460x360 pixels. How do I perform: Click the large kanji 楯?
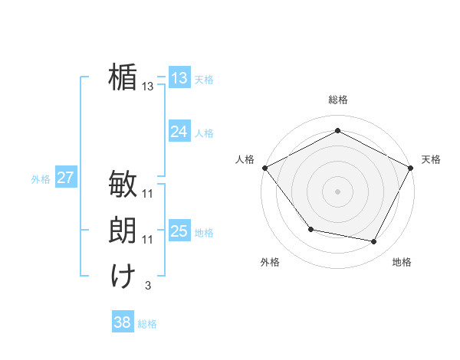[123, 77]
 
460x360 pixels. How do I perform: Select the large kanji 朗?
[123, 230]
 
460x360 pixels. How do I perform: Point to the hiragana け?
[123, 276]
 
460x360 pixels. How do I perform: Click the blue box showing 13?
[179, 78]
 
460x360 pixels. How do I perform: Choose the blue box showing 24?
[179, 132]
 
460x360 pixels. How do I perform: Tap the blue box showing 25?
[179, 231]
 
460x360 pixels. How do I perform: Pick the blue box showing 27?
[65, 178]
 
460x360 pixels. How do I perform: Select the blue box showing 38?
[122, 322]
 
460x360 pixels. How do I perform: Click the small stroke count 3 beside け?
[149, 286]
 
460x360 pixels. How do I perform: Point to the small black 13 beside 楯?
[148, 87]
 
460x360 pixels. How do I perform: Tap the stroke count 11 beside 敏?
[148, 194]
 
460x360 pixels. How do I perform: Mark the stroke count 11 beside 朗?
[148, 240]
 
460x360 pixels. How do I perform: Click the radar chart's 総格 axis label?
[338, 100]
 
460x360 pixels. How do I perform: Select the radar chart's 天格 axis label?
[431, 159]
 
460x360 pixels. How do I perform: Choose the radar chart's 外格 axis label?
[270, 262]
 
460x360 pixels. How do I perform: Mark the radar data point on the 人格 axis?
[264, 167]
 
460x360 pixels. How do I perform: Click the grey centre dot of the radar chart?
[338, 191]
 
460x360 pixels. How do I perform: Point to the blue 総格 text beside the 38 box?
[147, 324]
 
